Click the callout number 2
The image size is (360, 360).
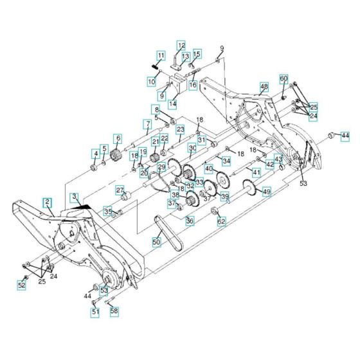click(x=48, y=201)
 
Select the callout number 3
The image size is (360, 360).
click(x=75, y=196)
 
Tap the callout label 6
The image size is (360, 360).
click(x=118, y=138)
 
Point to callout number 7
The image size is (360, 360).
click(x=147, y=123)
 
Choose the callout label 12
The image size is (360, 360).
click(x=181, y=46)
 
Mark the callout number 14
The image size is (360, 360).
click(x=172, y=103)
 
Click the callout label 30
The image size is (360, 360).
click(x=192, y=148)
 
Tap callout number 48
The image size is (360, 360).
click(x=264, y=86)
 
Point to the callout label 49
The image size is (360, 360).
click(x=266, y=192)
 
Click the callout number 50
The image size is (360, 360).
click(x=156, y=242)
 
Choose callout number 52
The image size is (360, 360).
click(x=21, y=285)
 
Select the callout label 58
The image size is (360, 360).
click(x=114, y=310)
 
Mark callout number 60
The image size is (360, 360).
click(x=283, y=78)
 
